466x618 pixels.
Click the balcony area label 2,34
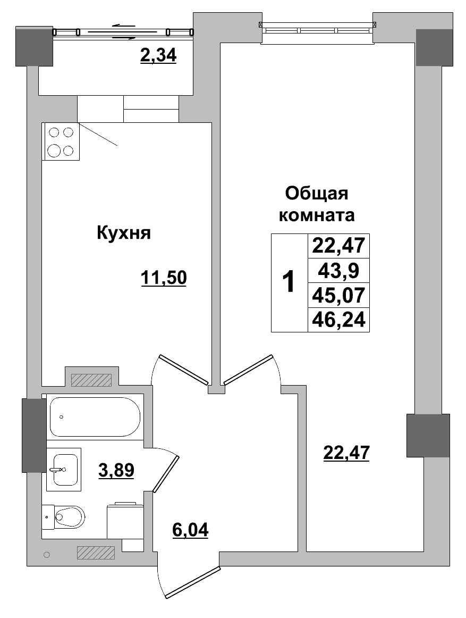[158, 55]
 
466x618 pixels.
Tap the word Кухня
[124, 232]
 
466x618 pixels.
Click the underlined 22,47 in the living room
[346, 453]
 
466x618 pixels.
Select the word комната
[317, 216]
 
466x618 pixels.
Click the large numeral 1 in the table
[289, 282]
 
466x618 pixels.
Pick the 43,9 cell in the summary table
[338, 272]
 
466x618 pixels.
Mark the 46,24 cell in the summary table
[338, 320]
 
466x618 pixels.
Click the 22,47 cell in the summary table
[338, 246]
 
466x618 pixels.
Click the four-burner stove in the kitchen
[60, 141]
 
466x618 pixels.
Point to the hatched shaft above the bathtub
[91, 380]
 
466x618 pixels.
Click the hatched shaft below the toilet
[96, 553]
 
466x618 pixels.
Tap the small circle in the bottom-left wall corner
[46, 555]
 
